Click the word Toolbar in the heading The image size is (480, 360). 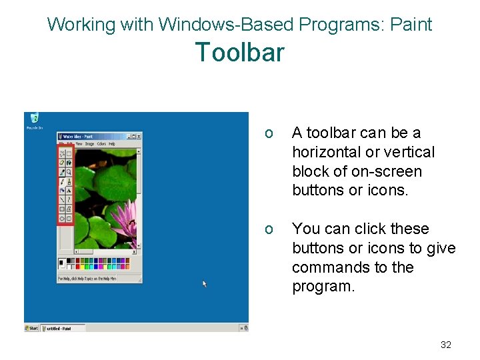coord(239,52)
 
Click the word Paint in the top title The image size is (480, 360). coord(411,25)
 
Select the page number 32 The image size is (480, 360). coord(446,345)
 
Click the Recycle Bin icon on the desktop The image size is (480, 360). coord(34,119)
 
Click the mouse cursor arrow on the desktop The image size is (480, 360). coord(205,283)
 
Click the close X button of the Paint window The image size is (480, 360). coord(139,136)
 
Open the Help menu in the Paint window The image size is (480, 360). coord(112,143)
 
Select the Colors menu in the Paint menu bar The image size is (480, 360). coord(101,143)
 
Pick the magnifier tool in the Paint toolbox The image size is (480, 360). coord(69,172)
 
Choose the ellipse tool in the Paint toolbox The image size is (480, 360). coord(61,218)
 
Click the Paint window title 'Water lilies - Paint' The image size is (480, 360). coord(79,136)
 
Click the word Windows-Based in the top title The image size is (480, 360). coord(227,25)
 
